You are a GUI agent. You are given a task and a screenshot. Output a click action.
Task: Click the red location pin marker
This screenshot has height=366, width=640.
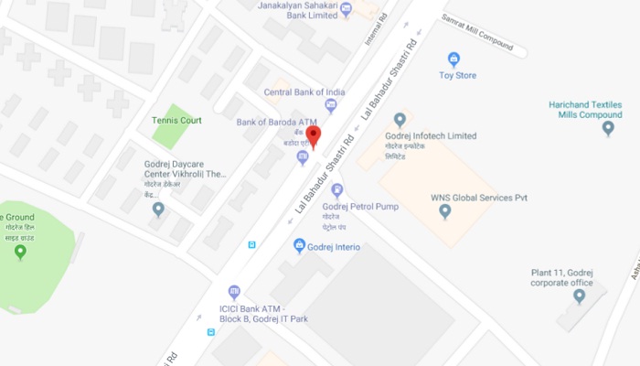[x=313, y=136]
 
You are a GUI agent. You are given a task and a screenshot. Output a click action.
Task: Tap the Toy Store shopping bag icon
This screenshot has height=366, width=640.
[x=453, y=59]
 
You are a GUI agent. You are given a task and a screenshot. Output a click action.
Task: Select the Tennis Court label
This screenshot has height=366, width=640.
[x=176, y=120]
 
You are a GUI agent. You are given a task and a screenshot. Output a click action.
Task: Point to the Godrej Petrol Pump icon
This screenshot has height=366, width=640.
[x=337, y=190]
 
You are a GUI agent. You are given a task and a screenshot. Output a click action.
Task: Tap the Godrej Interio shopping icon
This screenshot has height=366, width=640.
[x=299, y=245]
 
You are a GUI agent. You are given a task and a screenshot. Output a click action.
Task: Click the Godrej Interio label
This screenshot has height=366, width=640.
[x=336, y=247]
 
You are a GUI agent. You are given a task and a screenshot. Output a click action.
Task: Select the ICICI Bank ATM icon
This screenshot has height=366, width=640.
[x=234, y=291]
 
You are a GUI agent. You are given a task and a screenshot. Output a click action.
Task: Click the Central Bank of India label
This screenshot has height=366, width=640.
[x=304, y=92]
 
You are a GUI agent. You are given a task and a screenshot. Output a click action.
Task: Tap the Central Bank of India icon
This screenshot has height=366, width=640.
[x=331, y=106]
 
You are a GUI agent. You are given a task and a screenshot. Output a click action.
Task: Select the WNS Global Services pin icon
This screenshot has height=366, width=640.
[x=445, y=211]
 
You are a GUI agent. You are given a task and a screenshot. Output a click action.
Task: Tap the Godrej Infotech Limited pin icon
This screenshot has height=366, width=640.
[x=400, y=120]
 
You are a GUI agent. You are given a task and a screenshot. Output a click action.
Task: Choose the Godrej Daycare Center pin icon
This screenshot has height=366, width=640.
[x=159, y=210]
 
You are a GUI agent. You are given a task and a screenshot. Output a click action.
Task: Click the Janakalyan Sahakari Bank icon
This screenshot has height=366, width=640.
[x=346, y=10]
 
